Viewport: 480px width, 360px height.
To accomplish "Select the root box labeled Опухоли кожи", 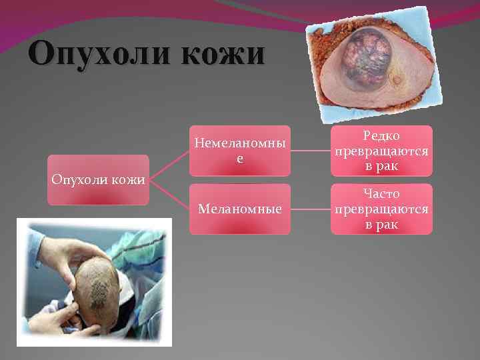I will coord(98,179).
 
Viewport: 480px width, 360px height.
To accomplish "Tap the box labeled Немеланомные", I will coord(239,151).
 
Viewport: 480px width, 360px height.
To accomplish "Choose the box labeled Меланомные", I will coord(239,209).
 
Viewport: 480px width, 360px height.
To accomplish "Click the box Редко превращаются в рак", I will coord(381,151).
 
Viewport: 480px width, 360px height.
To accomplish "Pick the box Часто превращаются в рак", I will coord(381,209).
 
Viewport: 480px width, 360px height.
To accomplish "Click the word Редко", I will coord(381,137).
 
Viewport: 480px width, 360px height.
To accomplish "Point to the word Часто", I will coord(381,194).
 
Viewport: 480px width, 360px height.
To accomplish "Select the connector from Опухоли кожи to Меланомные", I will coord(169,194).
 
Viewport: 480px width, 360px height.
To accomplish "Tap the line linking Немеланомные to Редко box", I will coord(311,151).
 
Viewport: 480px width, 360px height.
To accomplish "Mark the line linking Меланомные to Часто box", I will coord(311,209).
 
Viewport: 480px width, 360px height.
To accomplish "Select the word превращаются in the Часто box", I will coord(381,209).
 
